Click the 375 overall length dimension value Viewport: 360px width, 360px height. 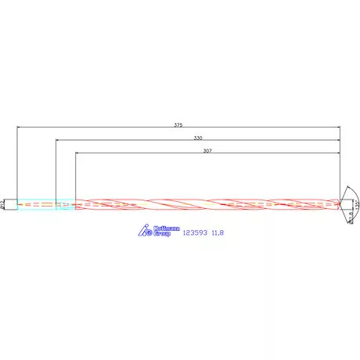(x=178, y=124)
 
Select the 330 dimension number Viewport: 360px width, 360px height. (x=198, y=137)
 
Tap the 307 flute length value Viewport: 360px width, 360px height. (x=207, y=149)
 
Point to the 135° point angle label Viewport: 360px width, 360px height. (x=357, y=204)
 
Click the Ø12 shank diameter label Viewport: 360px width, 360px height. (x=4, y=203)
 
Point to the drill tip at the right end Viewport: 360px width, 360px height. (x=340, y=204)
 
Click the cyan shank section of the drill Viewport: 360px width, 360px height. (x=39, y=204)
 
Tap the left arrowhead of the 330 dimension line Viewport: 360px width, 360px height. (x=57, y=140)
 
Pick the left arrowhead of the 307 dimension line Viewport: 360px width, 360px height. (x=77, y=153)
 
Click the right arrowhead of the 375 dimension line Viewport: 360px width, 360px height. (x=339, y=127)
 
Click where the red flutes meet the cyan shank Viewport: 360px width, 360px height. (x=76, y=204)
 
